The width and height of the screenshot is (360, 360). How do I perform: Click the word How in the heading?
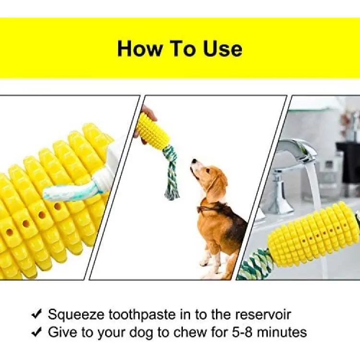coord(140,48)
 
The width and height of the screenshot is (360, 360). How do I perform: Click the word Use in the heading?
coord(223,48)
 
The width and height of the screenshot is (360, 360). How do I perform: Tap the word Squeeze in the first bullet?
coord(76,315)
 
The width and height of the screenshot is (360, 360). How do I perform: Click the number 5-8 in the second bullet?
coord(242,332)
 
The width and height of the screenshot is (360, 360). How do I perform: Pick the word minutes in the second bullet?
coord(281,332)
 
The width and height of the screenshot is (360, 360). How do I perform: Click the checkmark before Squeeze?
coord(37,314)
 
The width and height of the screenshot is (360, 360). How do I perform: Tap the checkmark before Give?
coord(37,332)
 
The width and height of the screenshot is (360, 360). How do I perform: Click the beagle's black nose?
coord(194,160)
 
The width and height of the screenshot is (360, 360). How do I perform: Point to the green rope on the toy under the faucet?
coord(255,264)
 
